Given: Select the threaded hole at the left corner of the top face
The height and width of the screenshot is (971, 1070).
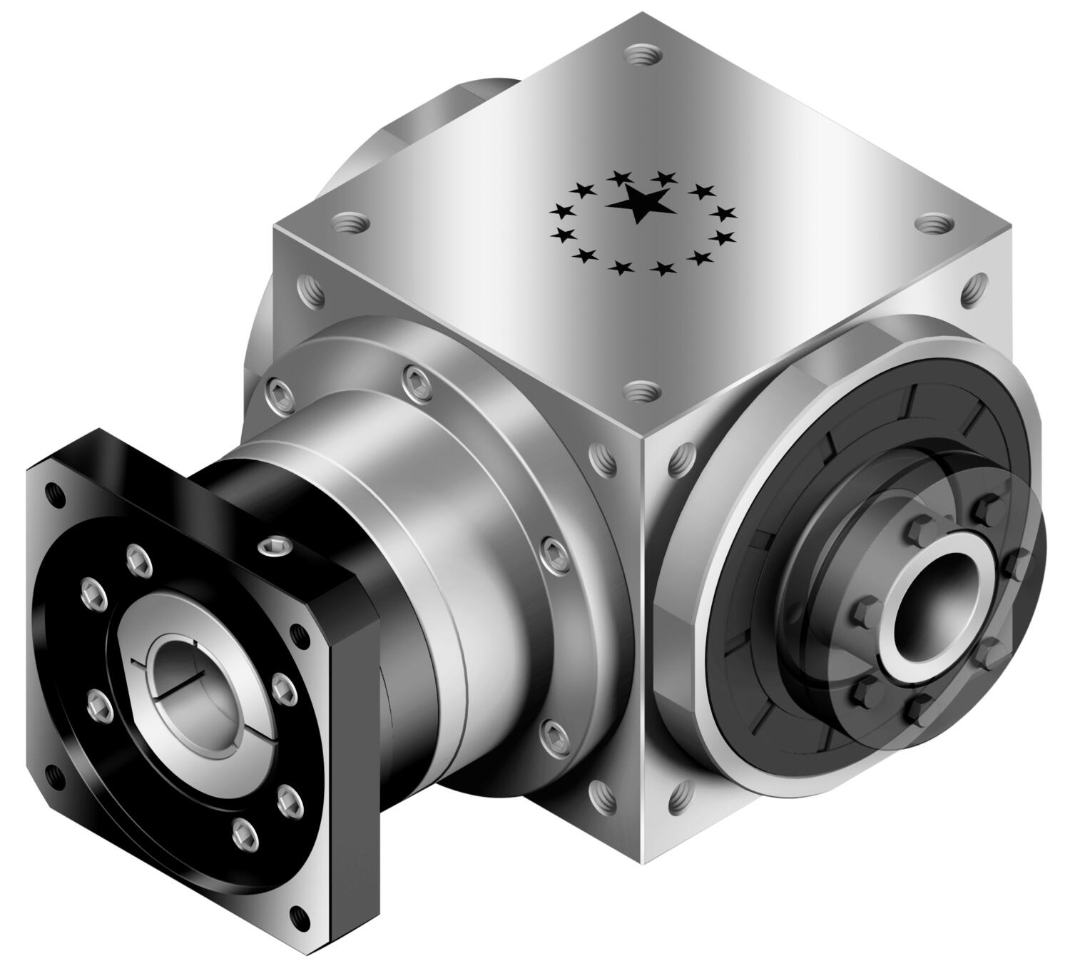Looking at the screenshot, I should point(349,224).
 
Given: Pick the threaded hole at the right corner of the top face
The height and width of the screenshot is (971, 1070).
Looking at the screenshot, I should point(932,226).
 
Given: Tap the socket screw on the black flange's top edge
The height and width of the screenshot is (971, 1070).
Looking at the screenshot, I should point(272,546).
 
